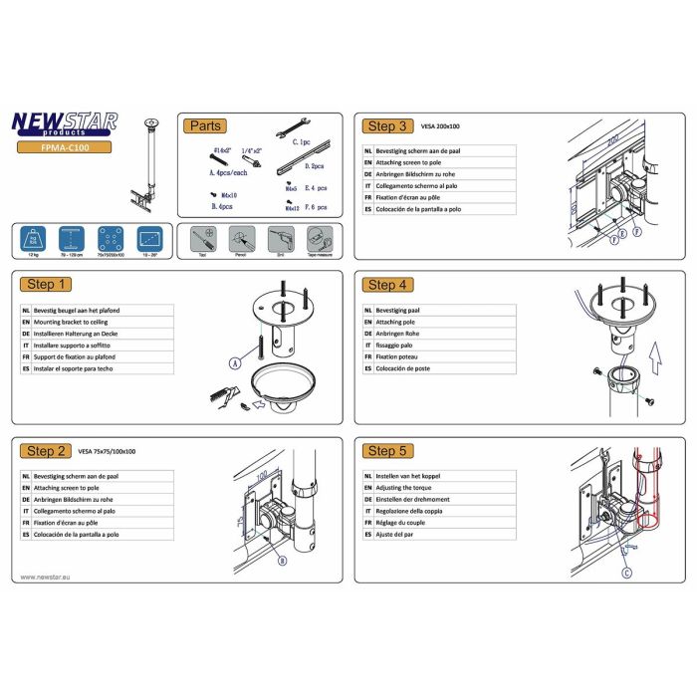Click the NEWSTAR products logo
(64, 123)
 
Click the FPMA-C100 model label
(64, 146)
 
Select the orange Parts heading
(205, 125)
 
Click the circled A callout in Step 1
(235, 364)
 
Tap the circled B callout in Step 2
(282, 562)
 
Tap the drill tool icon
(278, 239)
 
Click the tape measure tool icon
(317, 239)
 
